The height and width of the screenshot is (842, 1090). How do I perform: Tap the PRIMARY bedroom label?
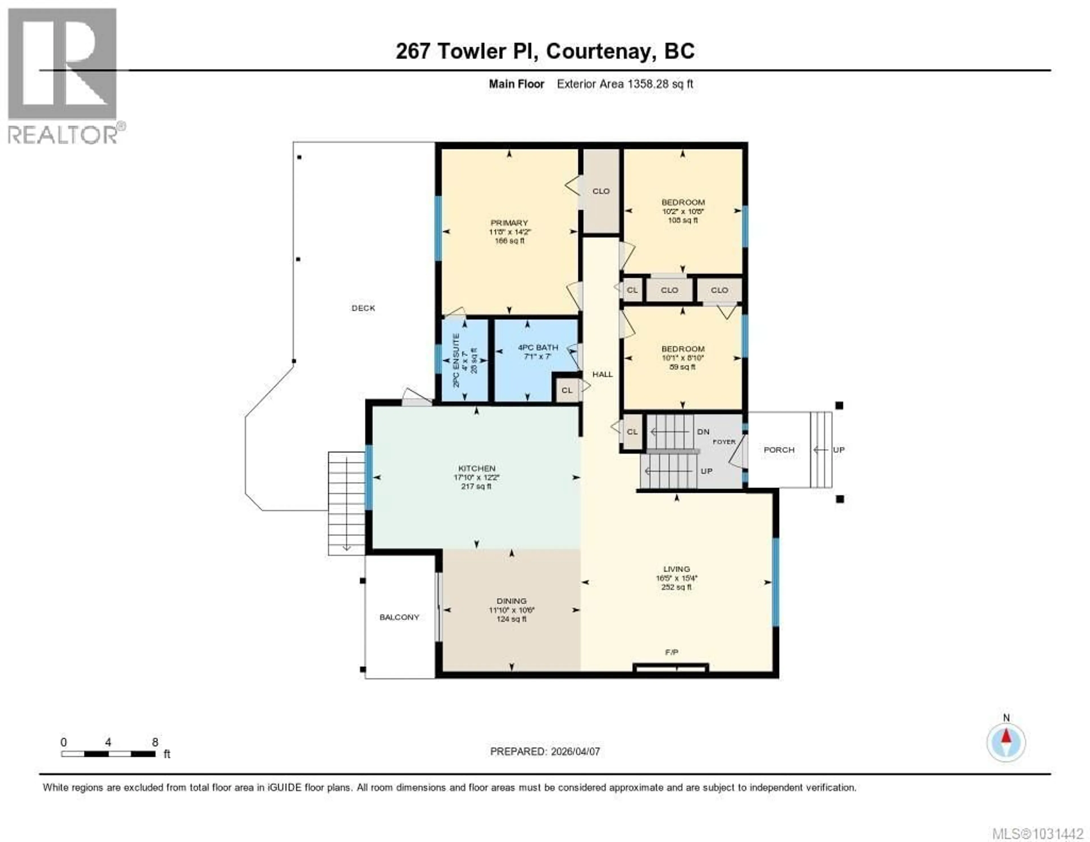coord(509,223)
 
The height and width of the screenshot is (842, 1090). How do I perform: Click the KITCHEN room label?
coord(477,468)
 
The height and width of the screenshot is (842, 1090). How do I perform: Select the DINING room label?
coord(512,601)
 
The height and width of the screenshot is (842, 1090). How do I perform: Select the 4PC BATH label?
coord(538,347)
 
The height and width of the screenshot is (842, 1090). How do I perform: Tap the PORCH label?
coord(779,450)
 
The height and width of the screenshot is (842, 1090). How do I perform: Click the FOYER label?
coord(724,442)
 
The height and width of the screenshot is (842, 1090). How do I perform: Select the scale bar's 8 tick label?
coord(155,742)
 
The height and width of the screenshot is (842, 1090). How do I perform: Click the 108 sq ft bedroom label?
coord(683,220)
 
